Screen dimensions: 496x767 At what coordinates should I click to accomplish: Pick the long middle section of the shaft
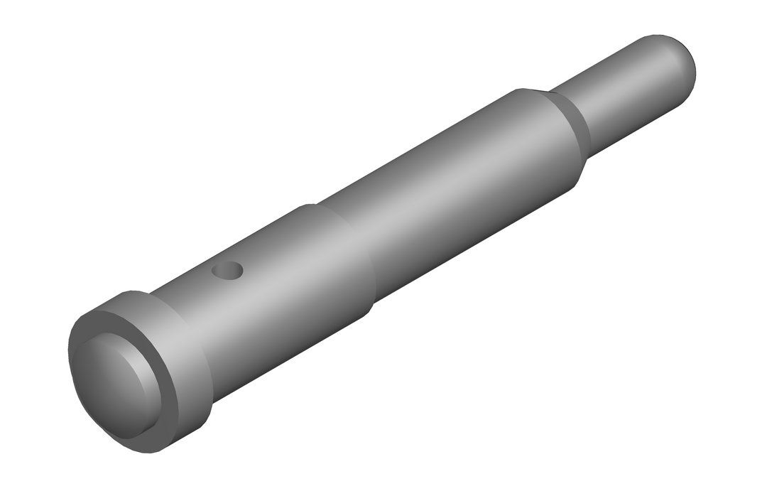pyautogui.click(x=455, y=192)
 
